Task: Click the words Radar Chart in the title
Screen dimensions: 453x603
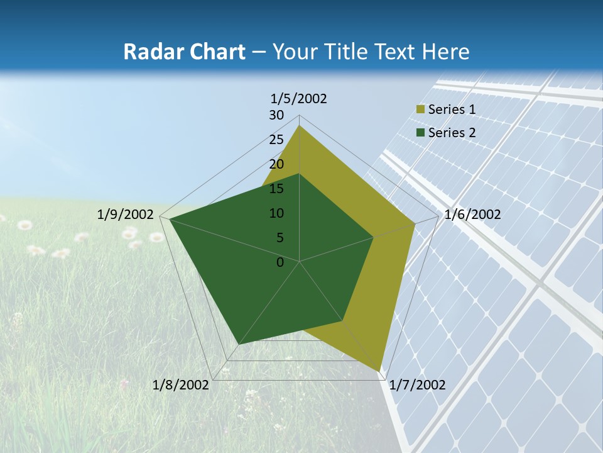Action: [184, 52]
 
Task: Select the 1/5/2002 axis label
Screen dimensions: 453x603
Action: [299, 99]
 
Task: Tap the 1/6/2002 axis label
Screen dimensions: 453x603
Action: [472, 215]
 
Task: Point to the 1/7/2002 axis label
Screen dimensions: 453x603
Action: [417, 385]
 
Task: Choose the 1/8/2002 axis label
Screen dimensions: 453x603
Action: [181, 385]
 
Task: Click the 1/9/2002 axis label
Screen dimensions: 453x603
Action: [126, 215]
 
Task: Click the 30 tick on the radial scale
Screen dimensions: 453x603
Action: [276, 115]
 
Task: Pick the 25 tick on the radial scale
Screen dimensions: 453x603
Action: [276, 140]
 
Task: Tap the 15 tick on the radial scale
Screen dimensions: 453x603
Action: [276, 189]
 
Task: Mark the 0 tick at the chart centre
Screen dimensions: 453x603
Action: [280, 262]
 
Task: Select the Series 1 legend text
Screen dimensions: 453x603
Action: [452, 109]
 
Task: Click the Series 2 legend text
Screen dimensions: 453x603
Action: [452, 133]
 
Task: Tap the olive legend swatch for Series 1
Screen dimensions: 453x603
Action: [421, 110]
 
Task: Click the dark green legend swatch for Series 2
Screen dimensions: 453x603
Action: [421, 133]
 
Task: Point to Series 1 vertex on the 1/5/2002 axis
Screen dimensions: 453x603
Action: [300, 126]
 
